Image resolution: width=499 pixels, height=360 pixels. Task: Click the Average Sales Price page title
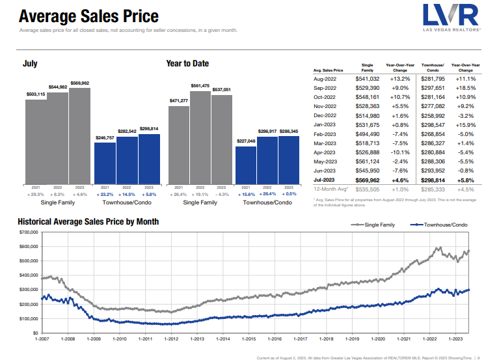tap(89, 15)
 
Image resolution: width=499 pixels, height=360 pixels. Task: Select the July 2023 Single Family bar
tap(79, 135)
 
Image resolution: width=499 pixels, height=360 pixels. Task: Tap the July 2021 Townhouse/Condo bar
tap(105, 163)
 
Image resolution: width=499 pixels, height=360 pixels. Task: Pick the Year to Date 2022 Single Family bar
tap(200, 137)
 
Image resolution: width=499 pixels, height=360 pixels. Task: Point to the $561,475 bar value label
tap(200, 86)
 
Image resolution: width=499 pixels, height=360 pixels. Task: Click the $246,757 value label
tap(105, 138)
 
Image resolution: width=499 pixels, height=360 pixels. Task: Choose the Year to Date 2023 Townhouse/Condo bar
tap(288, 159)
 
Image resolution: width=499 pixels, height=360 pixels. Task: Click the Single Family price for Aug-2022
tap(367, 79)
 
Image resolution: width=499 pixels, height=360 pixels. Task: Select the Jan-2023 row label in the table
tap(326, 124)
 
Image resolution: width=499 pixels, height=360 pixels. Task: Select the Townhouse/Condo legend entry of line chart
tap(439, 224)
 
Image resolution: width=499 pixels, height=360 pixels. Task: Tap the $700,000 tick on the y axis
tap(29, 232)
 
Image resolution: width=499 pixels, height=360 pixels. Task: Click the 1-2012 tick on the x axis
tap(171, 339)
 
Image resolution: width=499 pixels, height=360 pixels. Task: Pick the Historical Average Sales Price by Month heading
tap(88, 222)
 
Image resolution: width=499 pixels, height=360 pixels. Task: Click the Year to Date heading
tap(187, 64)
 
